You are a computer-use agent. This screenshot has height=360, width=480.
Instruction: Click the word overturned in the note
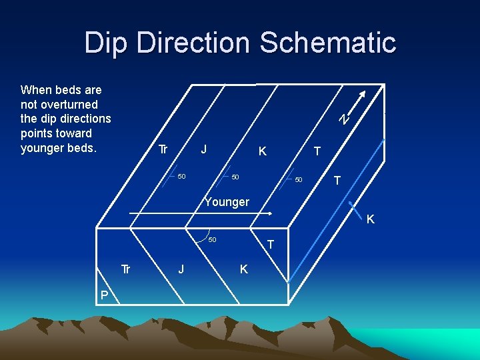click(69, 104)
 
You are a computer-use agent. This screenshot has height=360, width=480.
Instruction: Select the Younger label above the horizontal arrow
click(227, 202)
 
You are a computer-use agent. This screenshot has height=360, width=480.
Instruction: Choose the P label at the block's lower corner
click(105, 295)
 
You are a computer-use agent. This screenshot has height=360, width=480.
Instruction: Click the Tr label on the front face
click(125, 269)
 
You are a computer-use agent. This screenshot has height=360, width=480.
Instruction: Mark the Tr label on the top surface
click(162, 149)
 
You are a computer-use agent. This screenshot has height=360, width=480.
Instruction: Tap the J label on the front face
click(181, 269)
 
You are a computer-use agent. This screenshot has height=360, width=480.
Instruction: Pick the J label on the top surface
click(205, 149)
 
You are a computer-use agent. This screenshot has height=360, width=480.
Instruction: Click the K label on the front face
click(243, 269)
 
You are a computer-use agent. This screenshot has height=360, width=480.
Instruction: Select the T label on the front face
click(271, 245)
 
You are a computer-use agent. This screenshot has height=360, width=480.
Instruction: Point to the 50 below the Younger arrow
click(212, 239)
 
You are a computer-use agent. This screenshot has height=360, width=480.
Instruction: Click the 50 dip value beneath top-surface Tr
click(181, 177)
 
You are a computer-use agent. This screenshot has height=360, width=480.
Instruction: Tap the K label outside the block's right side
click(371, 219)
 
